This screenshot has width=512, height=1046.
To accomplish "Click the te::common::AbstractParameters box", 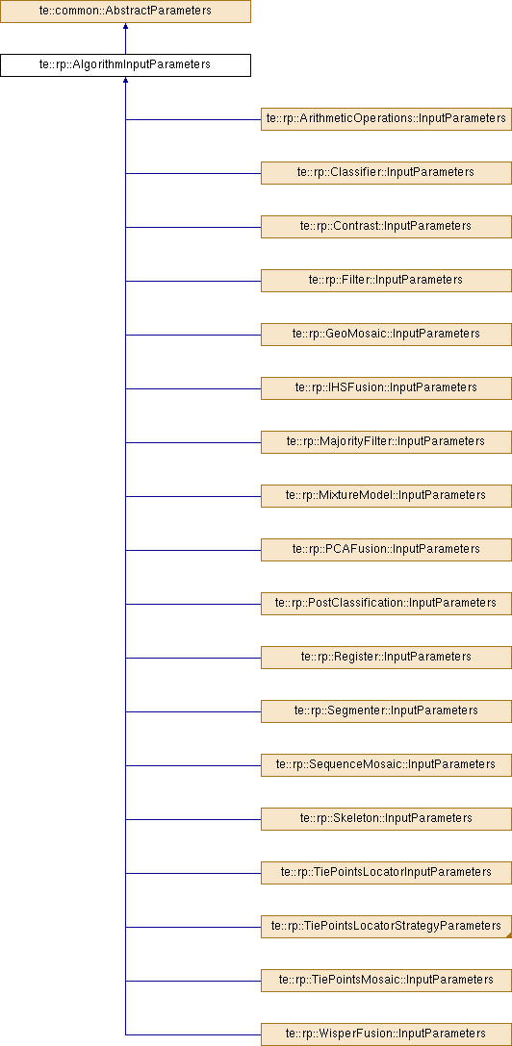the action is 125,12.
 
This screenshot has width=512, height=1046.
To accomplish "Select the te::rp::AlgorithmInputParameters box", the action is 125,64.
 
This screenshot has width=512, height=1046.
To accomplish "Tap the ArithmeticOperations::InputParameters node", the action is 387,119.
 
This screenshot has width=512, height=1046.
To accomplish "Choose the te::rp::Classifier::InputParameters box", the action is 387,172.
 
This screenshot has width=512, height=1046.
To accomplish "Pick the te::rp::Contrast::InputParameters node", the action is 387,226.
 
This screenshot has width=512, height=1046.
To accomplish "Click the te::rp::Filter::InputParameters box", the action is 387,280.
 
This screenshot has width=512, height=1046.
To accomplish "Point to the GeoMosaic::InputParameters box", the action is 387,334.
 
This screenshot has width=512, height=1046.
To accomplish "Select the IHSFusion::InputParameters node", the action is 387,387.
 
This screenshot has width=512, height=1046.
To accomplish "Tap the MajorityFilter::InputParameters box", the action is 387,441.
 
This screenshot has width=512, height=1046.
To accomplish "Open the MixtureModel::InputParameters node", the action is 387,496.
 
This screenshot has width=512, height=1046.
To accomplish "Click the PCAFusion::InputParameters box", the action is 387,549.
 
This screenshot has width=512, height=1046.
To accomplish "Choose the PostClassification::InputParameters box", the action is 387,603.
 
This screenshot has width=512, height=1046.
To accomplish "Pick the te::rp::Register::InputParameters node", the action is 387,657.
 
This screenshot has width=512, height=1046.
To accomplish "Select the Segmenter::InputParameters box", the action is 387,711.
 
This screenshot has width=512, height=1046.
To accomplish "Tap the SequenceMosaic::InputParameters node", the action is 387,764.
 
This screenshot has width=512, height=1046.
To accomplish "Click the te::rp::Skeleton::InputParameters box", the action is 387,818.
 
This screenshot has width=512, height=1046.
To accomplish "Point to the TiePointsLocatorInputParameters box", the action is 387,873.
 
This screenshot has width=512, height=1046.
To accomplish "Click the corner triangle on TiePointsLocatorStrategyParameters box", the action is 509,934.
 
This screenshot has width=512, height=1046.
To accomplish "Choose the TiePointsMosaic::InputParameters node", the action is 387,980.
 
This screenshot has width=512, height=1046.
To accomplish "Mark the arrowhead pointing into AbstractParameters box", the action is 125,27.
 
